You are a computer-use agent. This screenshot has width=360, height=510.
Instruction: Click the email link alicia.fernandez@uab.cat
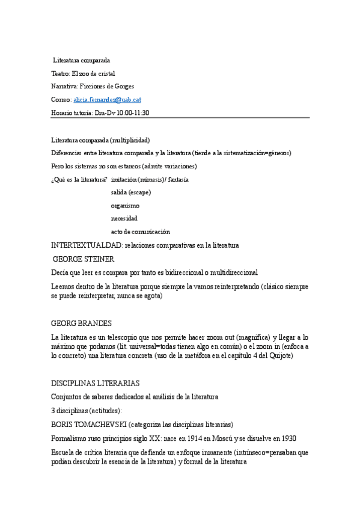(x=107, y=99)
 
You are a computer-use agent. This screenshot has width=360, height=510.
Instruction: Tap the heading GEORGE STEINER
(x=84, y=259)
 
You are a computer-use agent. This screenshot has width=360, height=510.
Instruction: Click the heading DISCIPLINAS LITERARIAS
(x=96, y=383)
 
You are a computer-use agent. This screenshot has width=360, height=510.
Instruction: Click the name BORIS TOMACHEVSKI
(x=88, y=424)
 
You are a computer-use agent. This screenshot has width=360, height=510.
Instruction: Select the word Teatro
(x=60, y=73)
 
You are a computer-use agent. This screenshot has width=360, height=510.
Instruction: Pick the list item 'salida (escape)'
(x=131, y=192)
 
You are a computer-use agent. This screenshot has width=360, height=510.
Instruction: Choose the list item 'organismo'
(x=125, y=206)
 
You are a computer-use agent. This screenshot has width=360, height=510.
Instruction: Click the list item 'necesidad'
(x=124, y=218)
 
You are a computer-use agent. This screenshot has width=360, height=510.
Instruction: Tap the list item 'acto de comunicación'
(x=141, y=232)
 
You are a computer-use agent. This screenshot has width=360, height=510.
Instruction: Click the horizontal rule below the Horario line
(x=180, y=118)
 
